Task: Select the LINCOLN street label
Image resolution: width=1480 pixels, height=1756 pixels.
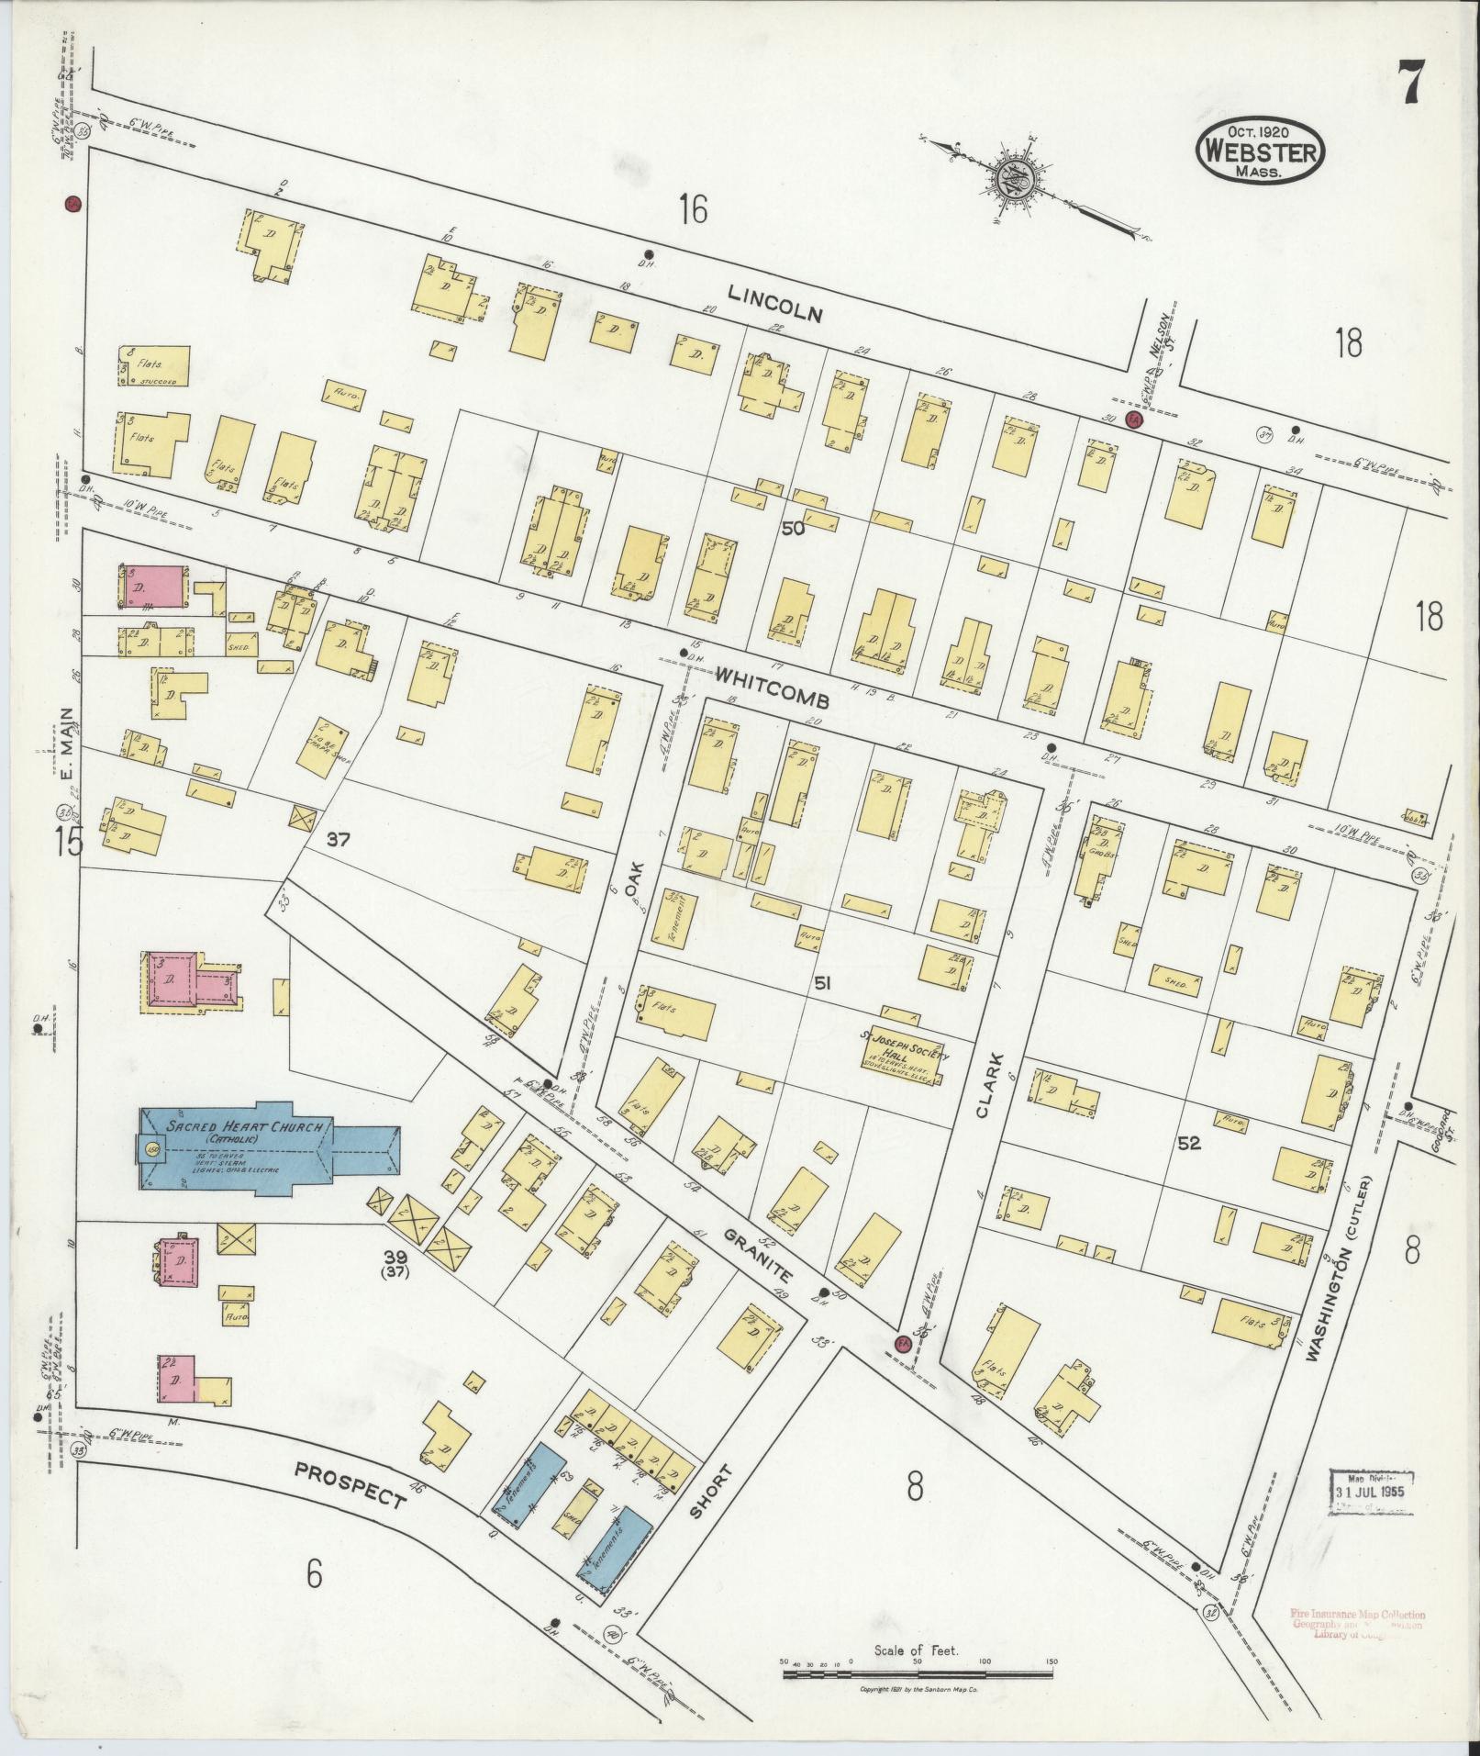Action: (776, 303)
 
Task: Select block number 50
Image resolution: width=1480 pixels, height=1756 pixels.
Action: (792, 529)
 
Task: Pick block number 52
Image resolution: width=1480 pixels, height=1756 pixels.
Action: (1190, 1144)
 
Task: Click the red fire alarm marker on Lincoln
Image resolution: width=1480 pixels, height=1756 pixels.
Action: (1134, 420)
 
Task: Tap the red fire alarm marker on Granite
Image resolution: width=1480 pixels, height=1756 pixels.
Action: (901, 1343)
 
